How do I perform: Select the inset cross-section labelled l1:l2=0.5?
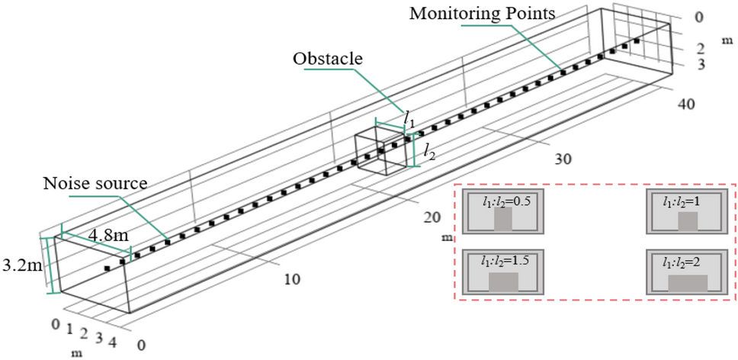pyautogui.click(x=502, y=214)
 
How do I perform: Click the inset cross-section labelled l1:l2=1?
pyautogui.click(x=687, y=214)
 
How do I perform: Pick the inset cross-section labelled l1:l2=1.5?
pyautogui.click(x=502, y=274)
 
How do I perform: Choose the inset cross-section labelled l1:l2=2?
pyautogui.click(x=687, y=274)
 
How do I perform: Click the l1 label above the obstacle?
pyautogui.click(x=409, y=120)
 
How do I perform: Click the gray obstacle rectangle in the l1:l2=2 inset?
pyautogui.click(x=688, y=283)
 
